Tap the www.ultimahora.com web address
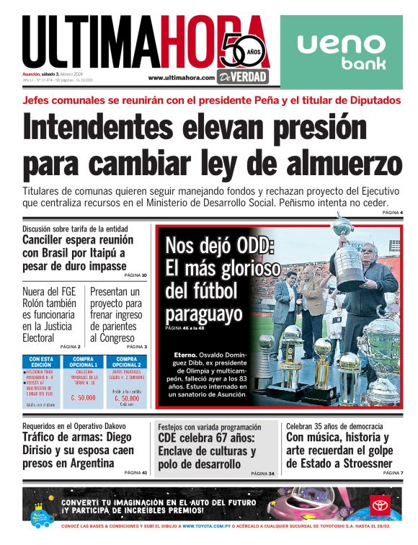click(x=181, y=78)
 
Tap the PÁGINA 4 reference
click(x=392, y=213)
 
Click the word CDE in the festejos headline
click(x=172, y=438)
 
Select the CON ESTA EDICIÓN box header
click(x=40, y=361)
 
